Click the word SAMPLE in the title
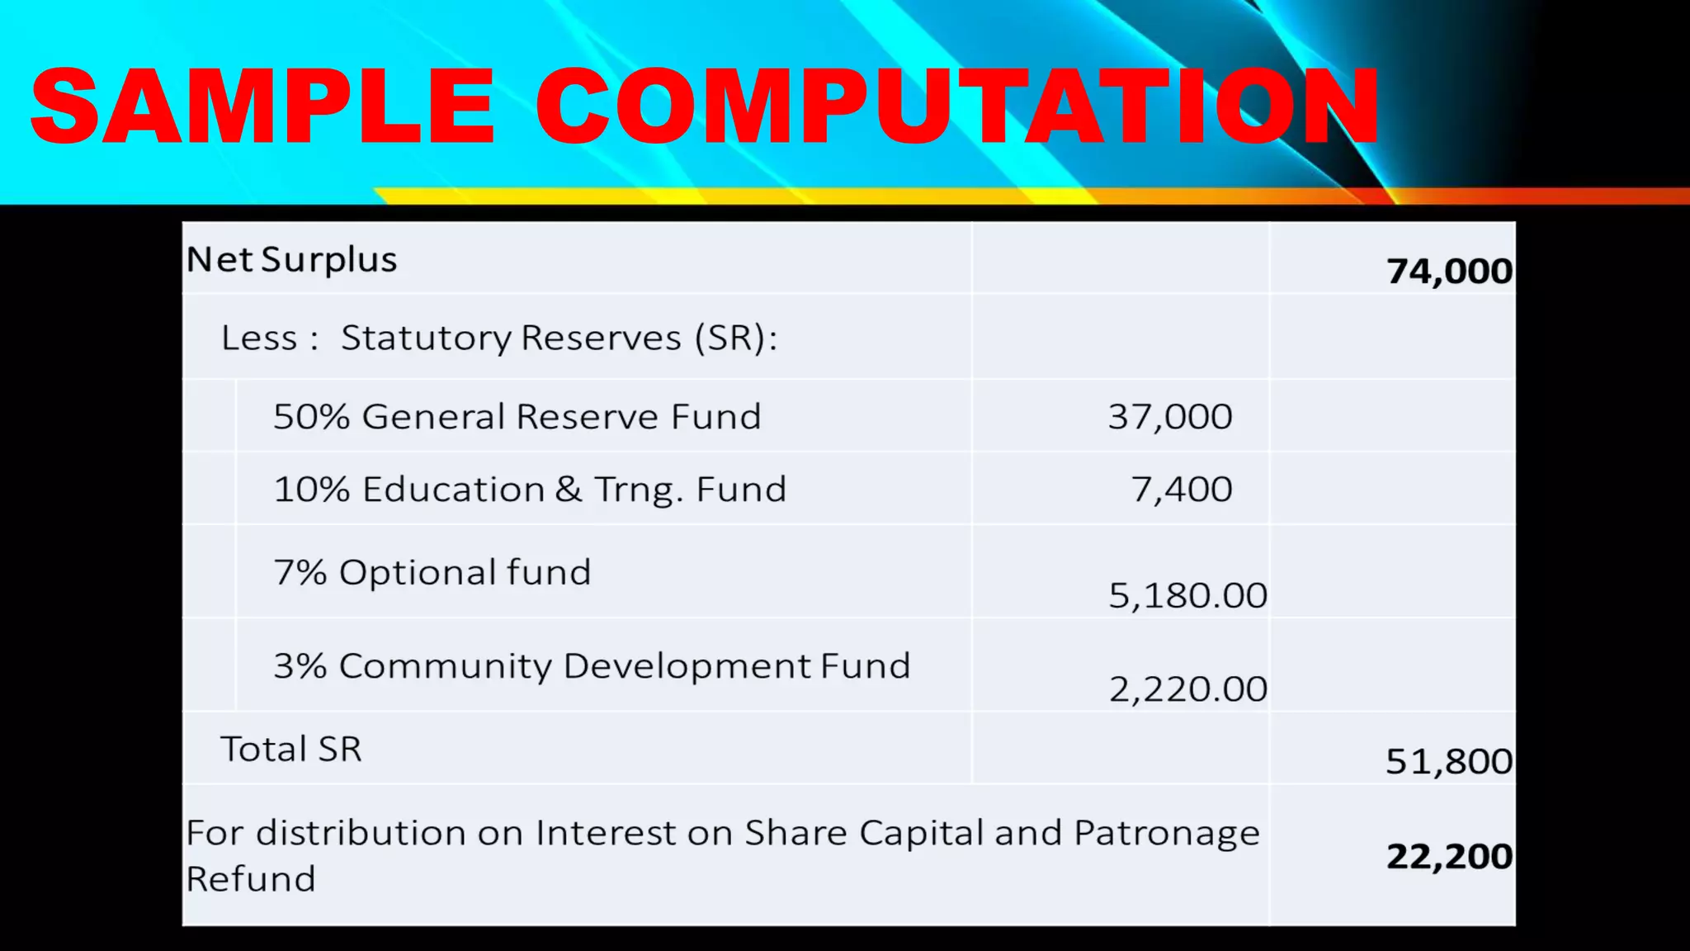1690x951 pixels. click(x=262, y=107)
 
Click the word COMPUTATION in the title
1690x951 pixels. click(x=957, y=107)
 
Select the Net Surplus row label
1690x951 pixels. click(x=291, y=260)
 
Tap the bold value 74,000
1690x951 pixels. click(x=1449, y=272)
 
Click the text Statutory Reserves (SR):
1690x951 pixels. click(x=559, y=338)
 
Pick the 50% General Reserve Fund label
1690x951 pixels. click(x=517, y=417)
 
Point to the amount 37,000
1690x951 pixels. click(x=1169, y=417)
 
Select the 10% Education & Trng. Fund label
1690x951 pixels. click(x=530, y=490)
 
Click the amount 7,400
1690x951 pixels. click(x=1181, y=490)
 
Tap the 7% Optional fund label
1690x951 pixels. click(x=432, y=573)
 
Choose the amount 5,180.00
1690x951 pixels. click(x=1187, y=596)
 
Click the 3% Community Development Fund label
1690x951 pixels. click(x=592, y=666)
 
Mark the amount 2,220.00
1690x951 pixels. click(x=1187, y=689)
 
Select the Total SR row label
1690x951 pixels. click(x=290, y=750)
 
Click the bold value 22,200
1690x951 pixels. click(x=1449, y=857)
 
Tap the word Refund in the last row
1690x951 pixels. click(x=251, y=879)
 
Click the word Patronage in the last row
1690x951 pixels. click(x=1167, y=834)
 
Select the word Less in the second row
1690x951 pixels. click(x=258, y=338)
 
